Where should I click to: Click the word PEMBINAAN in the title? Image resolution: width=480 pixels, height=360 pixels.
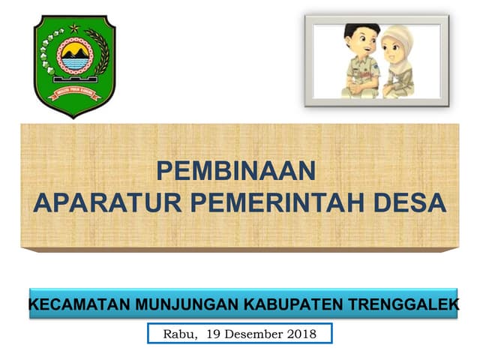(235, 172)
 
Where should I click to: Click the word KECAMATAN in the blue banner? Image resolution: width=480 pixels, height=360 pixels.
(77, 305)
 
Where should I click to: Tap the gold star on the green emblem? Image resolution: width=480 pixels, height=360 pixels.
(74, 28)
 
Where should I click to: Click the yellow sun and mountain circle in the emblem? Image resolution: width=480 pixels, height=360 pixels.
(74, 57)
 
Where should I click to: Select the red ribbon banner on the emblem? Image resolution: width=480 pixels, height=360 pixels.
(74, 94)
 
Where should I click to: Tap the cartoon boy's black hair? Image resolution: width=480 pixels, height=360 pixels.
(355, 33)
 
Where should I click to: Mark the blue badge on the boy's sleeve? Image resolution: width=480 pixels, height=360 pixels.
(370, 73)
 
